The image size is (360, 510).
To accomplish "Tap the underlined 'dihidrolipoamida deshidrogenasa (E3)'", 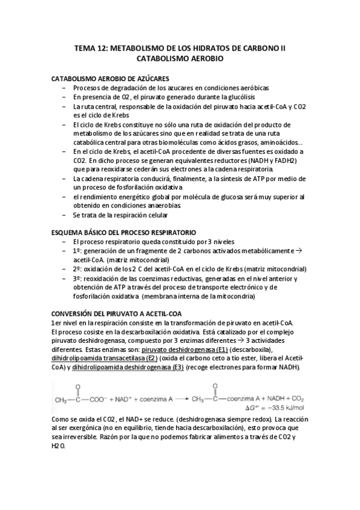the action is point(127,368).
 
